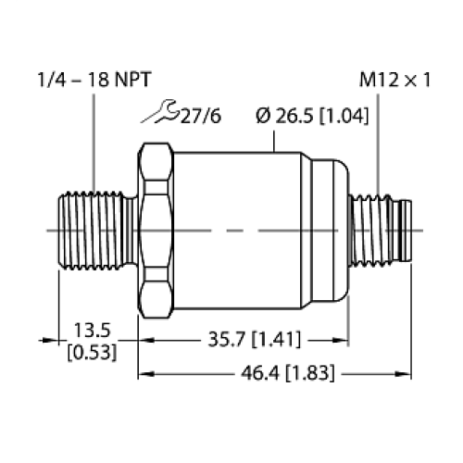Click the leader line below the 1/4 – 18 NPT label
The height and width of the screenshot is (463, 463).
click(x=94, y=139)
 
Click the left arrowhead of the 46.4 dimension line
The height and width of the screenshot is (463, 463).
click(x=144, y=375)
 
